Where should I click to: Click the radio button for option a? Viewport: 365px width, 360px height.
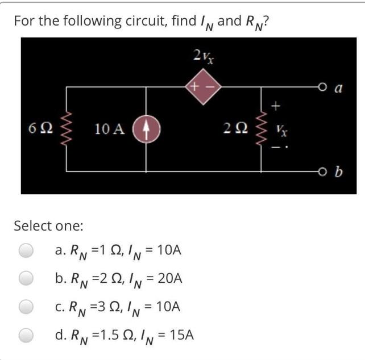(x=26, y=250)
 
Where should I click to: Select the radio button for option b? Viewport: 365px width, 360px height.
(x=26, y=278)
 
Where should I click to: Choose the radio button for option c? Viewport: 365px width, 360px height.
(x=26, y=307)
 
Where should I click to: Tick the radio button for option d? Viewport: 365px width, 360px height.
(x=26, y=335)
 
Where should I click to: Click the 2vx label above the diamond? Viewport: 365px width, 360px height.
(x=202, y=56)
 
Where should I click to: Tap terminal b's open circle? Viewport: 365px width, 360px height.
(x=322, y=170)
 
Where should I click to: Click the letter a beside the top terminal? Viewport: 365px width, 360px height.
(x=339, y=88)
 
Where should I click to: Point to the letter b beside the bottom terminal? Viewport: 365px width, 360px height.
(x=339, y=170)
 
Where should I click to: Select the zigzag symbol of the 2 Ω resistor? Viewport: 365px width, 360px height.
(x=262, y=128)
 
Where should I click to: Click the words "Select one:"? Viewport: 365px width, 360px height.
(x=48, y=225)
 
